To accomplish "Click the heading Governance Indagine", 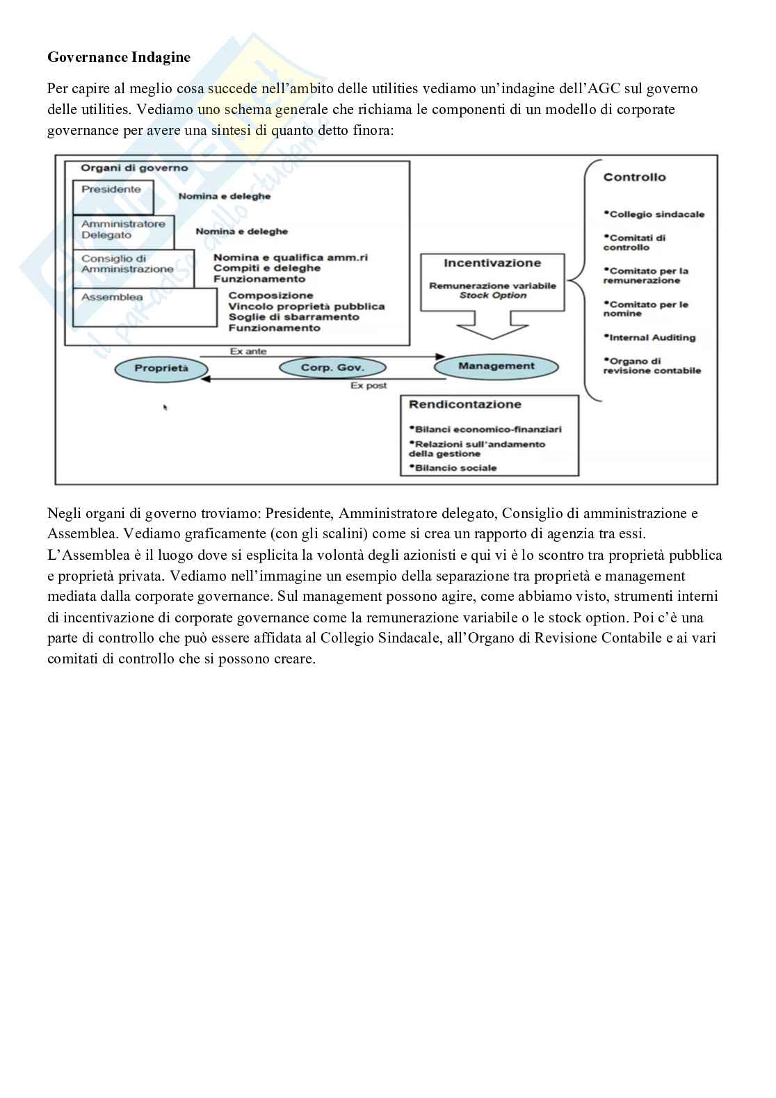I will coord(119,58).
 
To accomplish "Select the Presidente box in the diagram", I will coord(111,190).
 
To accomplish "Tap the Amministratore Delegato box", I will coord(123,229).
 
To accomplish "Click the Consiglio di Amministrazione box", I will coord(127,264).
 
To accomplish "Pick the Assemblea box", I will coord(112,298).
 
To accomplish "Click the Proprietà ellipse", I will coord(161,369).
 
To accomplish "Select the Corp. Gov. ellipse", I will coord(332,368).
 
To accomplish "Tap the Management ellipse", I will coord(496,366).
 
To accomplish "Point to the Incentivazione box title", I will coord(492,263).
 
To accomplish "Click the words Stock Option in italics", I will coord(492,296).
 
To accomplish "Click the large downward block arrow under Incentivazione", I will coord(492,325).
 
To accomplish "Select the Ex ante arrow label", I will coord(248,351).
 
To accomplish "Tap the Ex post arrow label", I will coord(369,385).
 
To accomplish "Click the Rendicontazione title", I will coord(464,404).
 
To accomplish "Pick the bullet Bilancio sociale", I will coord(455,468).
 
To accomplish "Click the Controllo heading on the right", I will coord(634,177).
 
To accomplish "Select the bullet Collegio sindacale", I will coord(656,214).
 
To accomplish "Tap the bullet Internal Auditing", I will coord(652,337).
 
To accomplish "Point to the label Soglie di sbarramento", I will coord(293,317).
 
